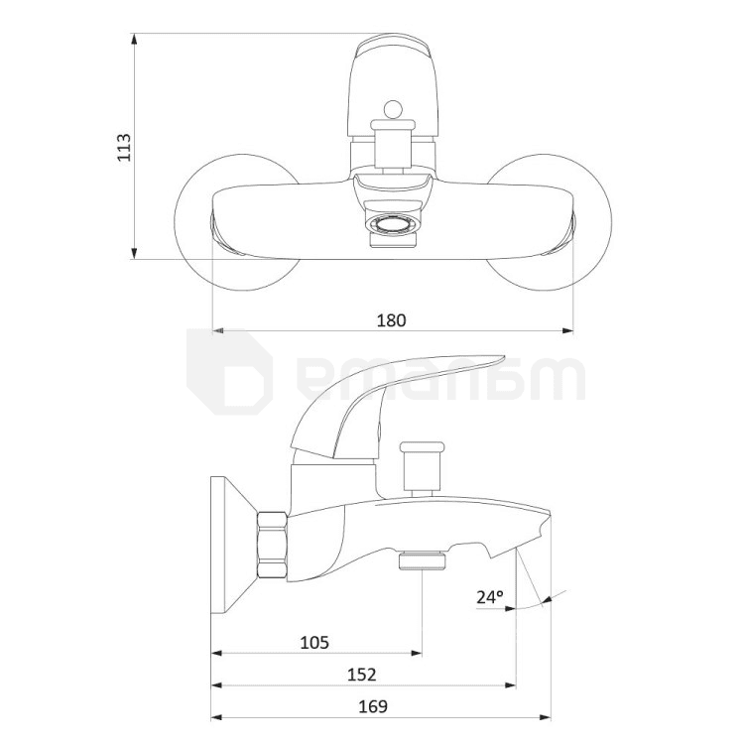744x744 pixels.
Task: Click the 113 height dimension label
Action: [x=124, y=147]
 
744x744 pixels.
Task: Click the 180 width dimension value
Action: [x=392, y=320]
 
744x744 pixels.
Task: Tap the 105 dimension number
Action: [x=314, y=643]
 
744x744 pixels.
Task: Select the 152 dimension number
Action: [x=361, y=675]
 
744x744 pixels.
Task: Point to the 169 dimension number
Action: [x=373, y=706]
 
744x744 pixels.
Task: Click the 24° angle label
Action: [x=490, y=597]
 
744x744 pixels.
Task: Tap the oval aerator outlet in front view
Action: [x=393, y=224]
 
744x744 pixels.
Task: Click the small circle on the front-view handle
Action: [x=393, y=110]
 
